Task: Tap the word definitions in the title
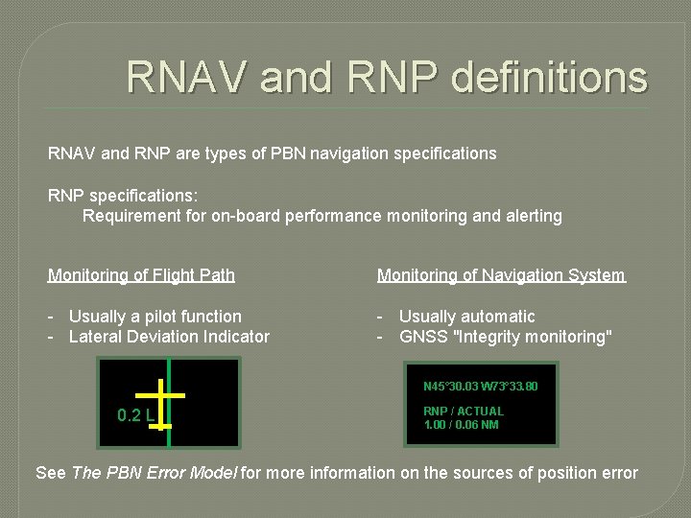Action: pyautogui.click(x=549, y=77)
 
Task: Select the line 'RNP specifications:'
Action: pyautogui.click(x=123, y=195)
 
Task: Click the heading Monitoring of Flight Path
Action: pyautogui.click(x=141, y=275)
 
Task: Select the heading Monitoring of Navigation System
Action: pyautogui.click(x=501, y=275)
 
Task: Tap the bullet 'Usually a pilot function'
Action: pyautogui.click(x=155, y=316)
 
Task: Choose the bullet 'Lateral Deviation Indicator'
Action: pyautogui.click(x=169, y=337)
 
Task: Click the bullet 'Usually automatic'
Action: pyautogui.click(x=466, y=316)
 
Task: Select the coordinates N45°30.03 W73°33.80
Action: pyautogui.click(x=481, y=387)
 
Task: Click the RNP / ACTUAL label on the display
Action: pyautogui.click(x=464, y=411)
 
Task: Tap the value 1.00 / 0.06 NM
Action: pyautogui.click(x=461, y=424)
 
